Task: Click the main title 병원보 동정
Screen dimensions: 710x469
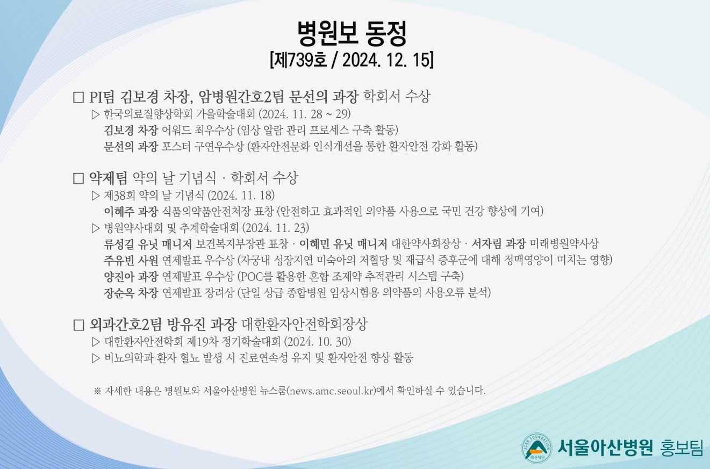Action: [x=352, y=33]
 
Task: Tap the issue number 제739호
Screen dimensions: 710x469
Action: [x=299, y=60]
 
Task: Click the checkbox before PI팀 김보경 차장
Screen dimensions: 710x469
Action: [x=78, y=97]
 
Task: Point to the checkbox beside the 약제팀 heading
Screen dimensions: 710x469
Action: [x=78, y=178]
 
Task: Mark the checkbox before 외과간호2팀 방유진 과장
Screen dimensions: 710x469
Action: [x=78, y=325]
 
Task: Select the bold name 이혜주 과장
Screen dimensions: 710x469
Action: [x=131, y=211]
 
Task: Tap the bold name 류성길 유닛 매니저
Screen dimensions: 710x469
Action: [x=148, y=244]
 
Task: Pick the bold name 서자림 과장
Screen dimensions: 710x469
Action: [x=499, y=244]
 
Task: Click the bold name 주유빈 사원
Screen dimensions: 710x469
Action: [x=131, y=261]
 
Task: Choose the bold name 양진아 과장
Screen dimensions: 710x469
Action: [x=131, y=277]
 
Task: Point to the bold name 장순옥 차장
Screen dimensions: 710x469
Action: [x=131, y=293]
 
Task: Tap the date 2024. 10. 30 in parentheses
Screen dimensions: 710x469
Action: [x=317, y=342]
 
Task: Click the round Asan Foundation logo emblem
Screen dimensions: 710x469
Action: [x=536, y=448]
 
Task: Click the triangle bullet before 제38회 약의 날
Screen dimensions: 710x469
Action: [x=96, y=196]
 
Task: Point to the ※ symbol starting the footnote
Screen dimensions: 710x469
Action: [x=97, y=391]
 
